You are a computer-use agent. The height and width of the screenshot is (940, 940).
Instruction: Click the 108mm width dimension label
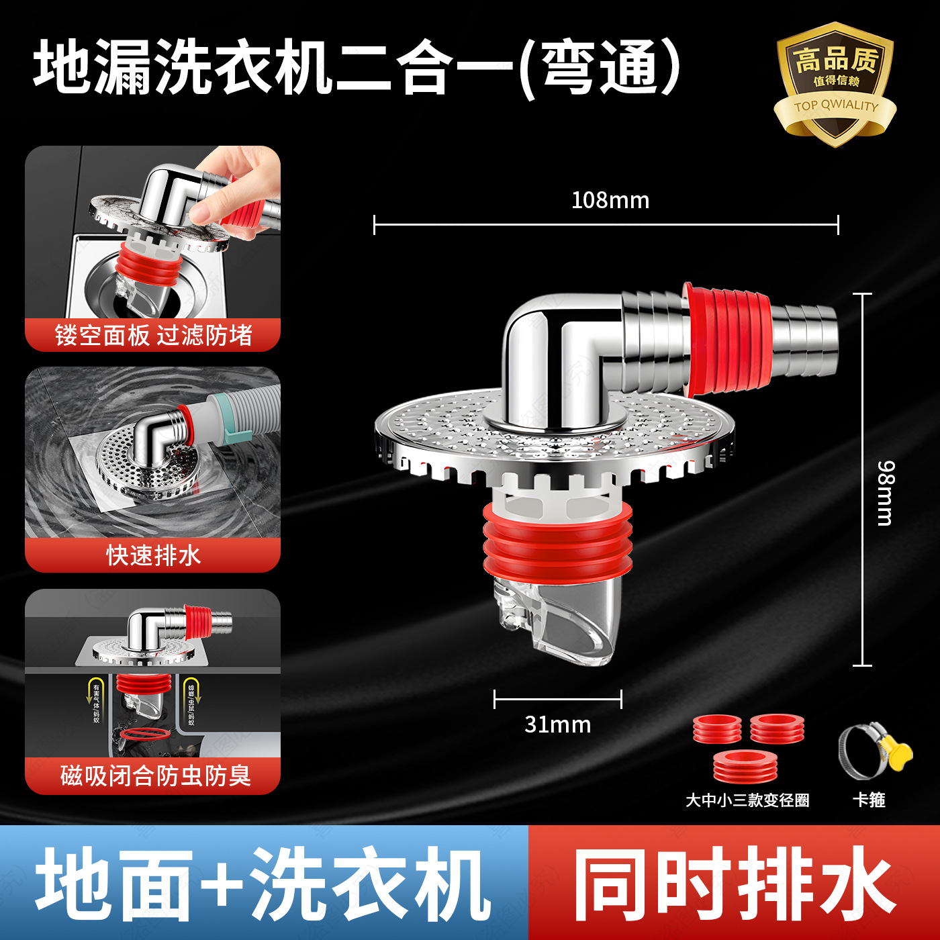(610, 200)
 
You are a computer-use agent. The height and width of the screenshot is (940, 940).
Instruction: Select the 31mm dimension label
(557, 724)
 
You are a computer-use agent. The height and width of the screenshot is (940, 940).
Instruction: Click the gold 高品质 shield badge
(835, 84)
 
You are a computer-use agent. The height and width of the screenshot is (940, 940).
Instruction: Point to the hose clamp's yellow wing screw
(898, 750)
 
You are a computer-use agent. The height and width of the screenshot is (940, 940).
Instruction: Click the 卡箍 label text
(869, 800)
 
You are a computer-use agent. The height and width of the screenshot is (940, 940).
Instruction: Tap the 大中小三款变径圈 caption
(747, 800)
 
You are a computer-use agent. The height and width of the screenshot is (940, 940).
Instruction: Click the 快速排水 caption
(153, 555)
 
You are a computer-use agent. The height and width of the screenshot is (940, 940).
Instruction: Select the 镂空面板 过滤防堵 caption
(153, 335)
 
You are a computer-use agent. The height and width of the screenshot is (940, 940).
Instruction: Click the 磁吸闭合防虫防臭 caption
(155, 775)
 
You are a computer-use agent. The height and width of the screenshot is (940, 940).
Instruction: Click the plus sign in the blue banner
(222, 883)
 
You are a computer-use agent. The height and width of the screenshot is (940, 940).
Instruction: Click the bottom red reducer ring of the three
(745, 766)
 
